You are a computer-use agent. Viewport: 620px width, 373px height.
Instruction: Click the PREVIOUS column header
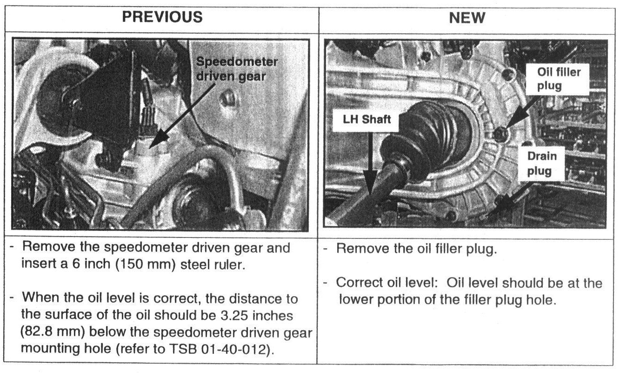(x=162, y=17)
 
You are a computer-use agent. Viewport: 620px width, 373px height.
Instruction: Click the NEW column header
(x=467, y=18)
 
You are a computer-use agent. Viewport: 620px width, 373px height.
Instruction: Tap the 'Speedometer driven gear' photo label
(x=237, y=69)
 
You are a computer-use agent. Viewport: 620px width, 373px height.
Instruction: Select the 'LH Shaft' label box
(x=364, y=120)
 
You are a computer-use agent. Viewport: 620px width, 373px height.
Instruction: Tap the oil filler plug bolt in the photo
(x=501, y=134)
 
